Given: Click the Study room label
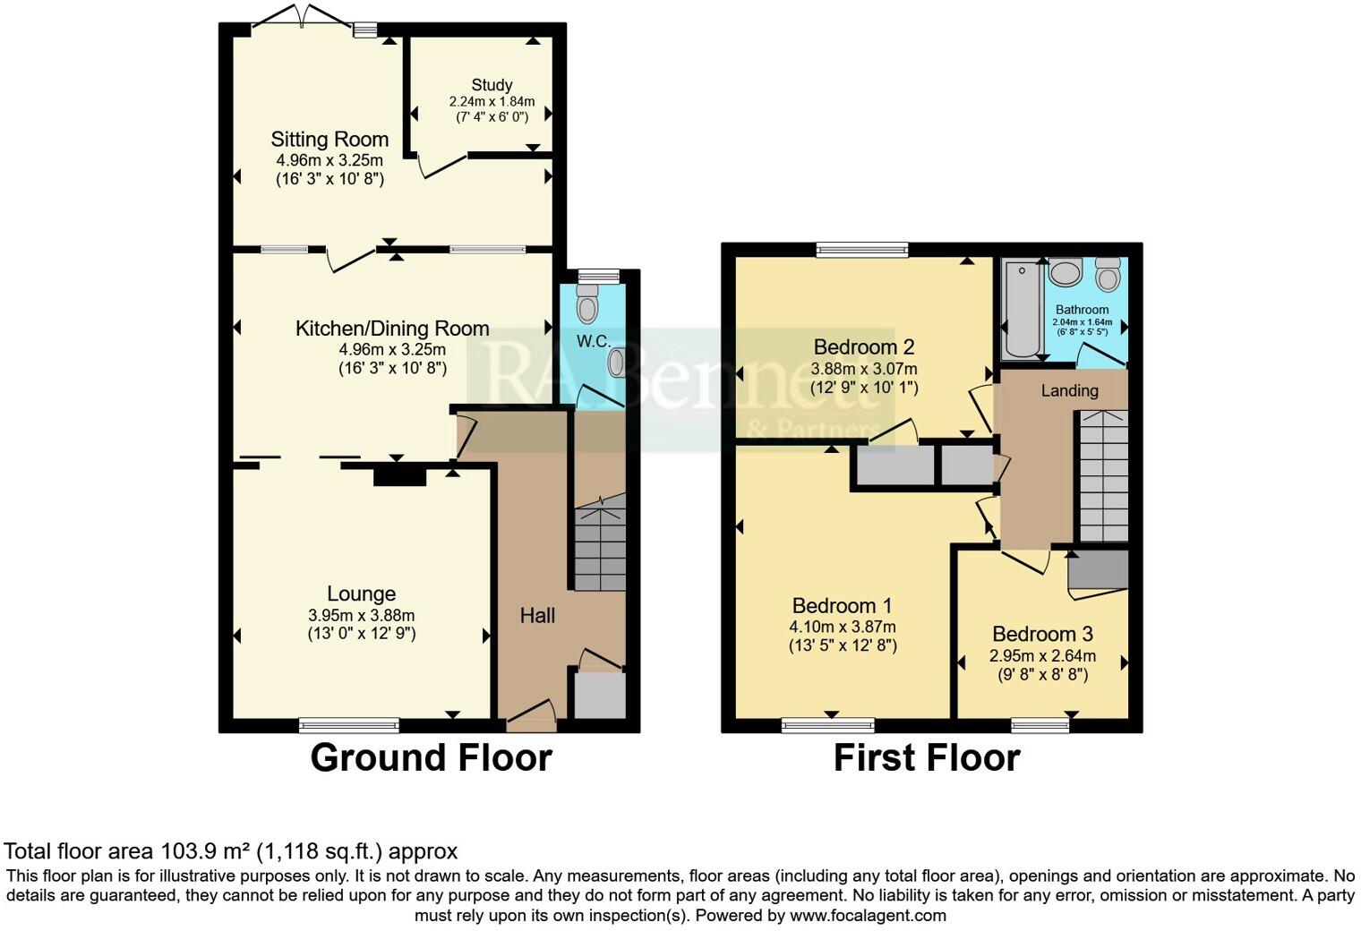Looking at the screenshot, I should pyautogui.click(x=492, y=85).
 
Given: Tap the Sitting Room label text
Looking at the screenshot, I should pyautogui.click(x=330, y=139).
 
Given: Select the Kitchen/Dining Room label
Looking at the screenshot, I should pyautogui.click(x=392, y=329).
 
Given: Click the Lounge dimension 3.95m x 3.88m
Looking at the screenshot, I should pyautogui.click(x=361, y=615).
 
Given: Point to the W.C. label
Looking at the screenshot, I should pyautogui.click(x=593, y=341).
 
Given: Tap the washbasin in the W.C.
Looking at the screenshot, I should pyautogui.click(x=617, y=363).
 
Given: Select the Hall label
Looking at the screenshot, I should pyautogui.click(x=537, y=615).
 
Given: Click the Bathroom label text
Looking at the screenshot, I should pyautogui.click(x=1082, y=310).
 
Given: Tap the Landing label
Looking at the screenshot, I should pyautogui.click(x=1069, y=390).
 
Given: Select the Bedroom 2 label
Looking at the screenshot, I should pyautogui.click(x=863, y=346).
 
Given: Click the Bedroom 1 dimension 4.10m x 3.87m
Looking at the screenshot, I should pyautogui.click(x=842, y=627).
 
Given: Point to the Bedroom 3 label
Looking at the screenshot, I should pyautogui.click(x=1042, y=634).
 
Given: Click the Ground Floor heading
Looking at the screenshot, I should pyautogui.click(x=431, y=757).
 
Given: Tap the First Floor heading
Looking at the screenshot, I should pyautogui.click(x=926, y=757).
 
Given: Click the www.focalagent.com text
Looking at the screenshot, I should pyautogui.click(x=868, y=915).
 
